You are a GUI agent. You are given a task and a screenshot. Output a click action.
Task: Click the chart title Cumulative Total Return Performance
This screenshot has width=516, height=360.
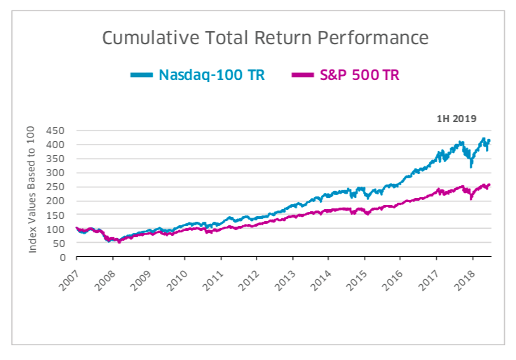265,37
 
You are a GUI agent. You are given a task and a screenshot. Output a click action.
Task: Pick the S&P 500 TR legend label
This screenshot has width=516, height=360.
358,75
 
